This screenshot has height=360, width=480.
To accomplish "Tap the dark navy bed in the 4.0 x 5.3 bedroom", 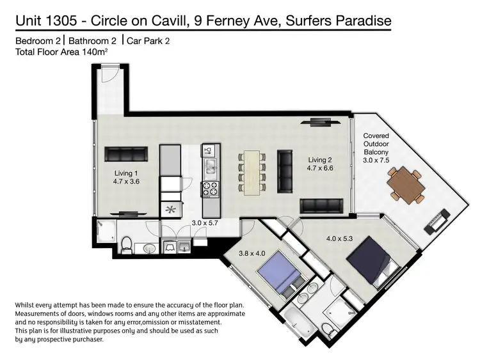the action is pos(373,261).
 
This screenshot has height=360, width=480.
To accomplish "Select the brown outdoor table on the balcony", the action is pos(406,185).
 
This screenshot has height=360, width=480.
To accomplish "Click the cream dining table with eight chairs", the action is pos(252,173).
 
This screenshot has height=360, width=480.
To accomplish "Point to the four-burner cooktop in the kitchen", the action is pos(211,189).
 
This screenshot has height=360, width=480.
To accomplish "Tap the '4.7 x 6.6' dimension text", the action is pos(320,168).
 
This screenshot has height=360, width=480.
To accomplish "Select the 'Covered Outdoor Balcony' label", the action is pos(376,144).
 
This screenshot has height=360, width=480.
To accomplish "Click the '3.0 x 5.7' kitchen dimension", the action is pos(205,223).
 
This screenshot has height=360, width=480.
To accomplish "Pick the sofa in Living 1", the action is pos(126,154).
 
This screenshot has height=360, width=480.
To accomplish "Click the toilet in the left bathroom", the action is pos(126,246).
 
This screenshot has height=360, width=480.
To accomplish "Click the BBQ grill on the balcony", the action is pos(437,222).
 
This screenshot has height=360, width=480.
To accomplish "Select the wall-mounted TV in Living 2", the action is pos(320,122).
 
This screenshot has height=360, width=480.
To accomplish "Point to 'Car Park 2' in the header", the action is pos(148,41).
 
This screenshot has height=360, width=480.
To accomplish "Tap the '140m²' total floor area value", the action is pos(94,52).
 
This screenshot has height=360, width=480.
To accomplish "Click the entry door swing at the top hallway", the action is pos(110,74).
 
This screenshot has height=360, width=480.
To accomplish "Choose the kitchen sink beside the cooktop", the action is pos(211,167).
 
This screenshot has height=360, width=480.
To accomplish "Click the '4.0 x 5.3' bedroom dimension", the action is pos(339,239).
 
